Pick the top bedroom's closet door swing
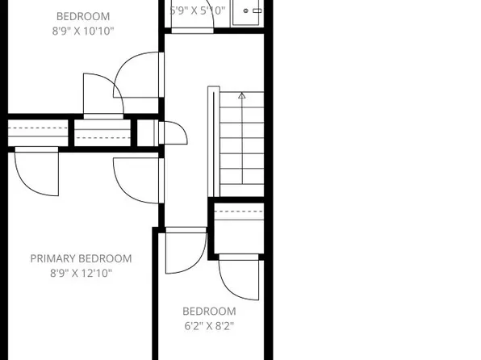click(100, 94)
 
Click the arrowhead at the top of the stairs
click(240, 96)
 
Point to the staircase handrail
click(212, 142)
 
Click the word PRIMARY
click(54, 259)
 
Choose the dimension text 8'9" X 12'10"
click(80, 274)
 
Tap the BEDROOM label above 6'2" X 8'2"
click(209, 312)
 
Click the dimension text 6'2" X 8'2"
click(209, 327)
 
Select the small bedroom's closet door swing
click(240, 277)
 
